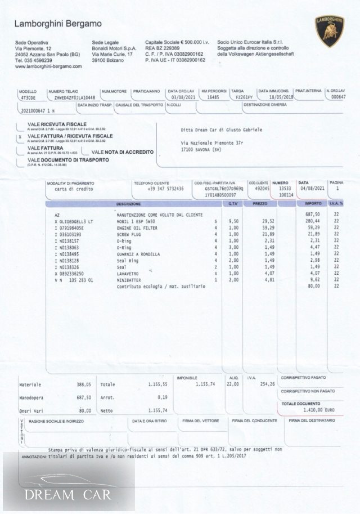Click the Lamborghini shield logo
pos(330,31)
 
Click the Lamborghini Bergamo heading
pos(58,24)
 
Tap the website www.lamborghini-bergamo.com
pos(48,66)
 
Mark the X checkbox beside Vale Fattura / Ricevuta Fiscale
pos(20,136)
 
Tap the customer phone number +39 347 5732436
pos(157,189)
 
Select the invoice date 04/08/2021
pos(310,189)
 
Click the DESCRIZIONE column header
pos(128,203)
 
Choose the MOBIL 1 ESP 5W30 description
pos(136,221)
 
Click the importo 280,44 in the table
pos(312,221)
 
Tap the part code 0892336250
pos(72,273)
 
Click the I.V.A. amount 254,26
pos(268,384)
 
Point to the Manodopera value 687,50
pos(84,397)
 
